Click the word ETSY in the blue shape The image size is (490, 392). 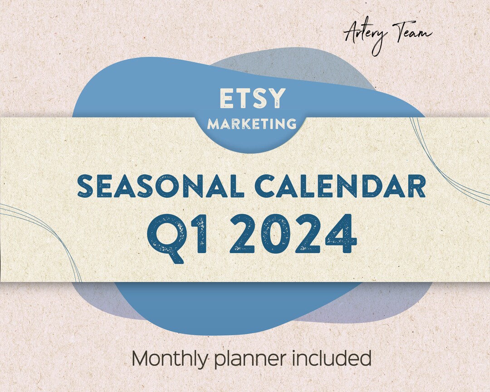tap(253, 98)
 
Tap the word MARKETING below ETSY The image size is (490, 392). tap(252, 123)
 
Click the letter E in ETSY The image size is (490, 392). tap(226, 98)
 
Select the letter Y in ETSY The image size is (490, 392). tap(278, 98)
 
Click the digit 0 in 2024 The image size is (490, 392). tap(276, 235)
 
